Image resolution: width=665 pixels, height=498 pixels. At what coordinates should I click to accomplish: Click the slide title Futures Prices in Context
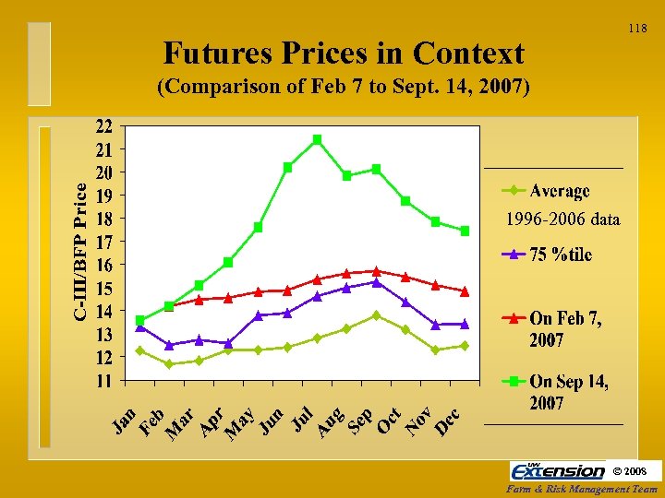(343, 53)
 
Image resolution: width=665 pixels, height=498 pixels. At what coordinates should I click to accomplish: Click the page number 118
(637, 30)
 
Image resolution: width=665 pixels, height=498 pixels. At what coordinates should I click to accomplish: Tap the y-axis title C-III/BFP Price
(82, 251)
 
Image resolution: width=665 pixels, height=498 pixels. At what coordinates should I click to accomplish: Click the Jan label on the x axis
(126, 420)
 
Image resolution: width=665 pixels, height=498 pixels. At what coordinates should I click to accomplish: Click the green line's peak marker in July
(317, 139)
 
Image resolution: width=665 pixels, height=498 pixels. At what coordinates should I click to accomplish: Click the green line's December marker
(465, 231)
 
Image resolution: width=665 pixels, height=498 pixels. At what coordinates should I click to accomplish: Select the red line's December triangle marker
(465, 291)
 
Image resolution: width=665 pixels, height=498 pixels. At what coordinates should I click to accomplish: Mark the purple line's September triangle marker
(376, 282)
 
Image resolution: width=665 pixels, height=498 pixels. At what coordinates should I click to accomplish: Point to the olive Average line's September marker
(376, 315)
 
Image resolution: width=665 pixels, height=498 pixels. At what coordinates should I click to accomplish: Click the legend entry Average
(559, 191)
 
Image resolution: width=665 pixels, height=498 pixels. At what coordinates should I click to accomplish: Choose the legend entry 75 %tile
(560, 255)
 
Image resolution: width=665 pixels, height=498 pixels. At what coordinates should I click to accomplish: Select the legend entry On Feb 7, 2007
(564, 328)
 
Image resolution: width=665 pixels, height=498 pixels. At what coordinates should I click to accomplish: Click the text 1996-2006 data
(562, 219)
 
